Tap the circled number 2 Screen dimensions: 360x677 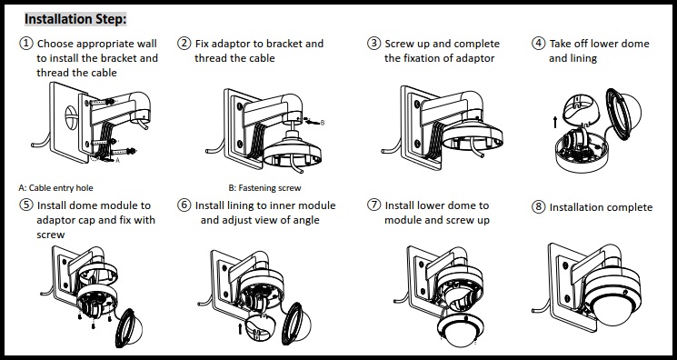(184, 44)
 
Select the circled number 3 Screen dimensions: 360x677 (373, 44)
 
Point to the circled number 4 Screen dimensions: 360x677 (539, 44)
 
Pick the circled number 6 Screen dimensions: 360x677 (184, 206)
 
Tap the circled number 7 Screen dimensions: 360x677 (373, 206)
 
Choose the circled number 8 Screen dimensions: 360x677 (539, 207)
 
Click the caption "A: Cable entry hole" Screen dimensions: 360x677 (57, 188)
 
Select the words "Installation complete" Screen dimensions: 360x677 (601, 207)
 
